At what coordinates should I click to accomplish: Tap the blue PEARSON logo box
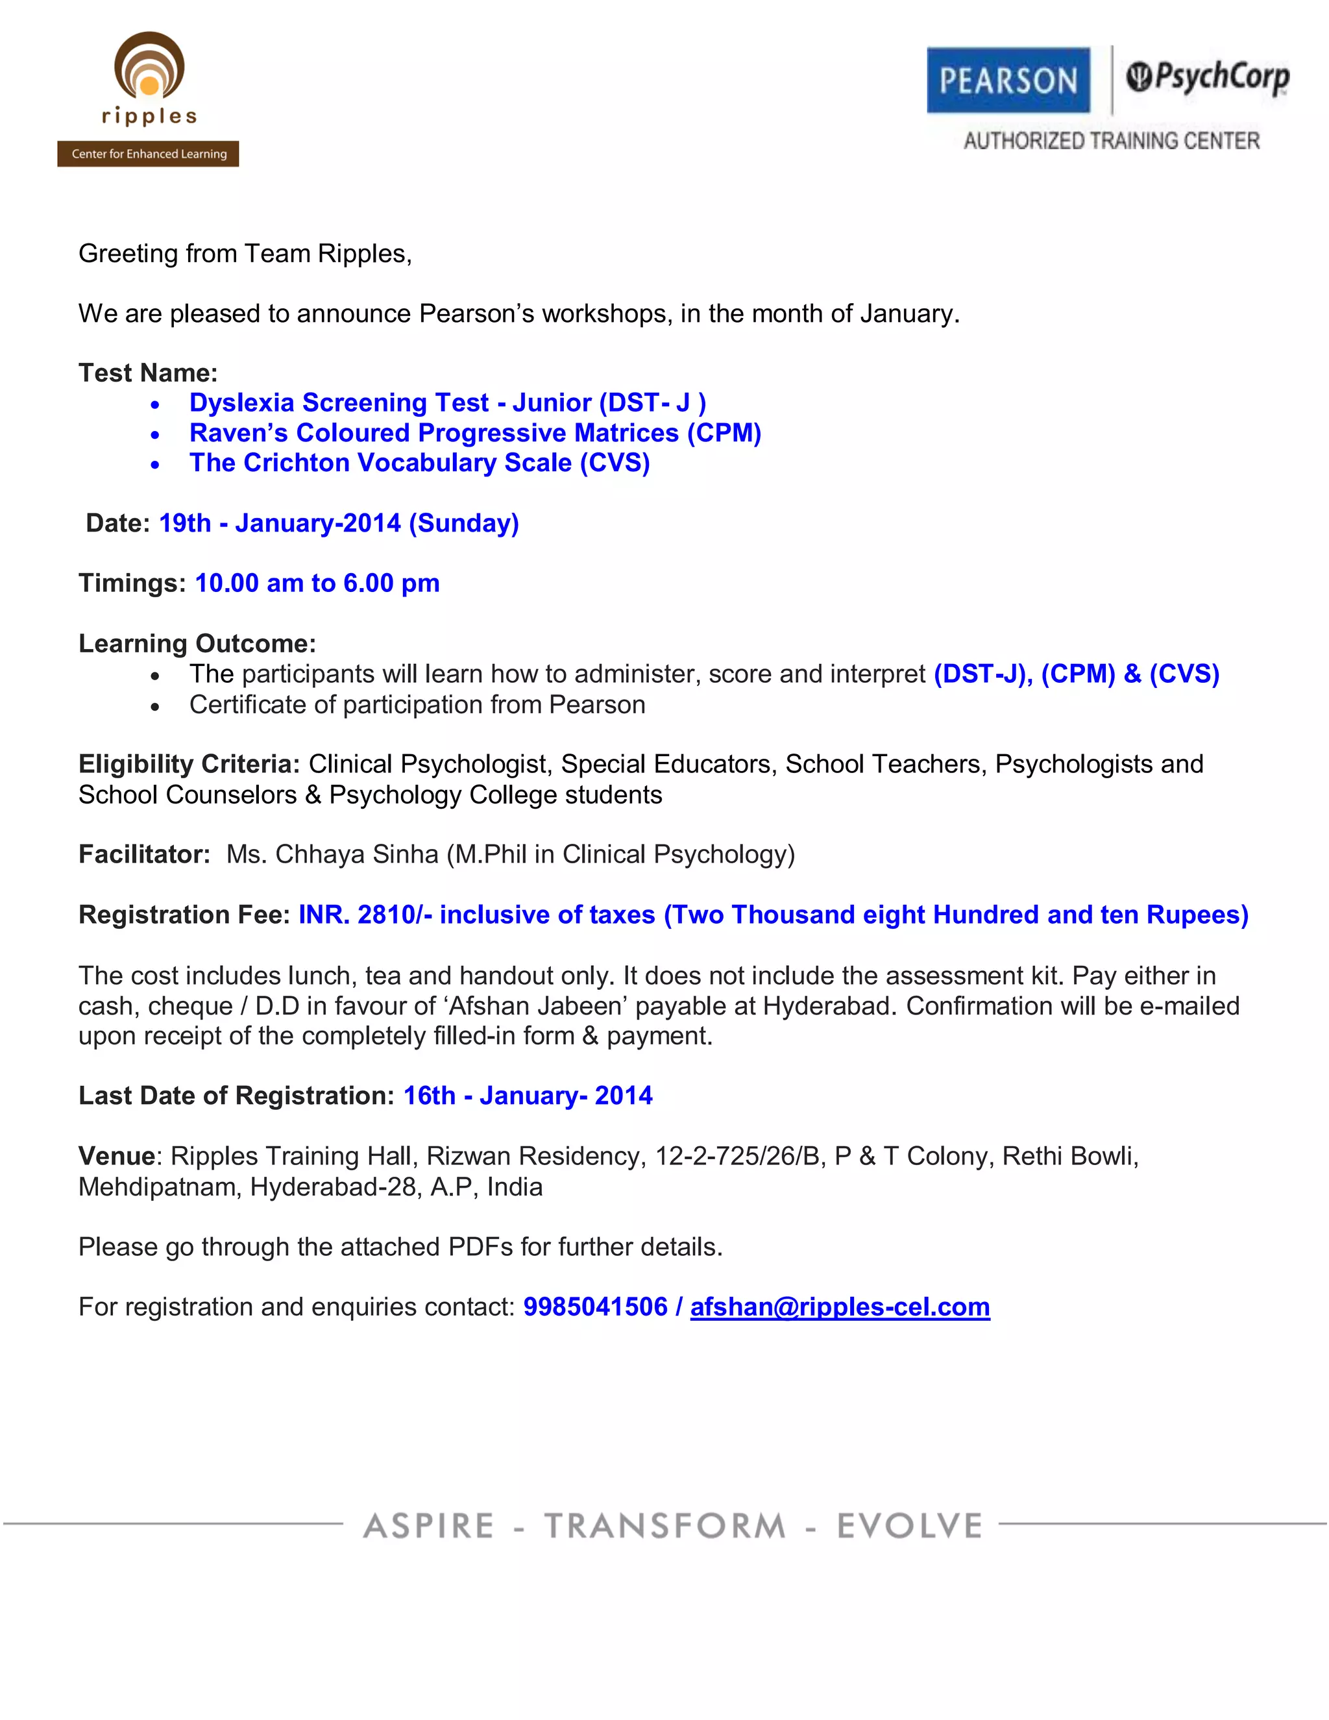pyautogui.click(x=1008, y=80)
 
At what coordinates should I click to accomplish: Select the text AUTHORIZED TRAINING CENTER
pyautogui.click(x=1111, y=141)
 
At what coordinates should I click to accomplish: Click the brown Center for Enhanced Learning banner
pyautogui.click(x=148, y=154)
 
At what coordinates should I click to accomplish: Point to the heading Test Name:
pyautogui.click(x=148, y=373)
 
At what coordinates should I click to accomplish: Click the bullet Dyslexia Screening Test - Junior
pyautogui.click(x=447, y=403)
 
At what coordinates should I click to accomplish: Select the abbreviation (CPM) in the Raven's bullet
pyautogui.click(x=724, y=433)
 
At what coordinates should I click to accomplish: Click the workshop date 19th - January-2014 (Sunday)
pyautogui.click(x=339, y=523)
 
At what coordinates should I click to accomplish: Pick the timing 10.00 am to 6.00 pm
pyautogui.click(x=317, y=584)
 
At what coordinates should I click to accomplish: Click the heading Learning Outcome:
pyautogui.click(x=197, y=643)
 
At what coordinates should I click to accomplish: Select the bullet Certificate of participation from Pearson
pyautogui.click(x=417, y=705)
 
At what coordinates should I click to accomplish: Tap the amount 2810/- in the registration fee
pyautogui.click(x=395, y=915)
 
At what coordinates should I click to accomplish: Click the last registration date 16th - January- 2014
pyautogui.click(x=528, y=1096)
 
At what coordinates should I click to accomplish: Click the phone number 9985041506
pyautogui.click(x=595, y=1307)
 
